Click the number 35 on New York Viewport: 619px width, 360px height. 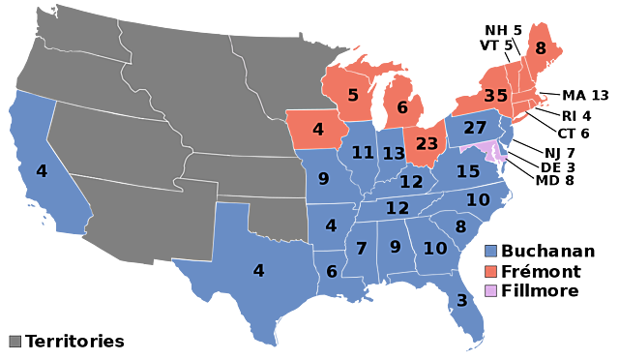pyautogui.click(x=496, y=96)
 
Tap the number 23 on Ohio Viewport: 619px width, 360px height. pyautogui.click(x=427, y=143)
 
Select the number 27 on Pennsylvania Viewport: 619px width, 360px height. pyautogui.click(x=475, y=128)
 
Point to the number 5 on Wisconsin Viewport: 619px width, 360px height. pyautogui.click(x=353, y=95)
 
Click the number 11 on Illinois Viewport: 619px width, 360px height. pyautogui.click(x=363, y=152)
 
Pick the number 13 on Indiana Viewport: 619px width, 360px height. pyautogui.click(x=394, y=154)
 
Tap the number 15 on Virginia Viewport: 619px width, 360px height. pyautogui.click(x=468, y=171)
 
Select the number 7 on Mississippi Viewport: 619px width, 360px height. pyautogui.click(x=361, y=249)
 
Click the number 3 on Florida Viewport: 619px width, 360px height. pyautogui.click(x=461, y=300)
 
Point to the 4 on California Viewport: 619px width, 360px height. pyautogui.click(x=41, y=171)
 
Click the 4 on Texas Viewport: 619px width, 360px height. pyautogui.click(x=258, y=270)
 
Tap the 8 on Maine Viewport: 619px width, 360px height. pyautogui.click(x=540, y=48)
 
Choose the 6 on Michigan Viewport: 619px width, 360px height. pyautogui.click(x=402, y=107)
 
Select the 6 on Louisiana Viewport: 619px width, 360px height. pyautogui.click(x=332, y=272)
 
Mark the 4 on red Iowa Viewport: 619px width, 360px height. pyautogui.click(x=317, y=129)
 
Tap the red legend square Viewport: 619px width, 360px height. pyautogui.click(x=490, y=271)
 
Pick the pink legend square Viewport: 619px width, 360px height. pyautogui.click(x=490, y=290)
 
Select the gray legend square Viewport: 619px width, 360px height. pyautogui.click(x=15, y=341)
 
